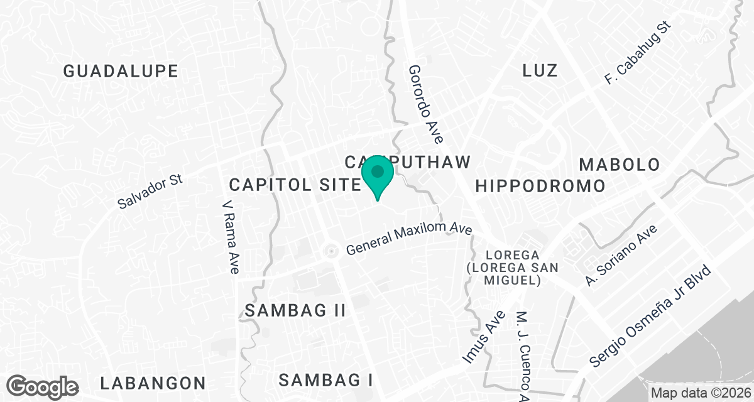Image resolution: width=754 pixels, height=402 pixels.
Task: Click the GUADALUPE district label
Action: tap(121, 71)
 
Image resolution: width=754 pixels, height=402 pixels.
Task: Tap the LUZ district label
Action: tap(540, 70)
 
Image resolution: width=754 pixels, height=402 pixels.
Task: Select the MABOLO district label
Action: tap(620, 165)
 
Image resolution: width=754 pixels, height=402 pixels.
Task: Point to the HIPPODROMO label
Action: tap(540, 186)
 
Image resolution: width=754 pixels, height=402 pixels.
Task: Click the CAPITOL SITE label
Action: tap(294, 185)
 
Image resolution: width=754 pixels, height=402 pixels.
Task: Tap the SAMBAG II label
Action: tap(295, 310)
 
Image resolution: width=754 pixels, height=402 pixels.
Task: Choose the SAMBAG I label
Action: tap(326, 380)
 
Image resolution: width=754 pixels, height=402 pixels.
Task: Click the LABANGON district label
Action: tap(153, 383)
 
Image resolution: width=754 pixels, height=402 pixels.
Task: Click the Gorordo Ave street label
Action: tap(426, 104)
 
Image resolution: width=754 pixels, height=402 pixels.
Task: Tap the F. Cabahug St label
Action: tap(638, 53)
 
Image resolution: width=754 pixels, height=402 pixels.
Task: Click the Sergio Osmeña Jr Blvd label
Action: tap(651, 317)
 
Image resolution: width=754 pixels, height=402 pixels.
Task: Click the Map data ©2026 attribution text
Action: tap(701, 393)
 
